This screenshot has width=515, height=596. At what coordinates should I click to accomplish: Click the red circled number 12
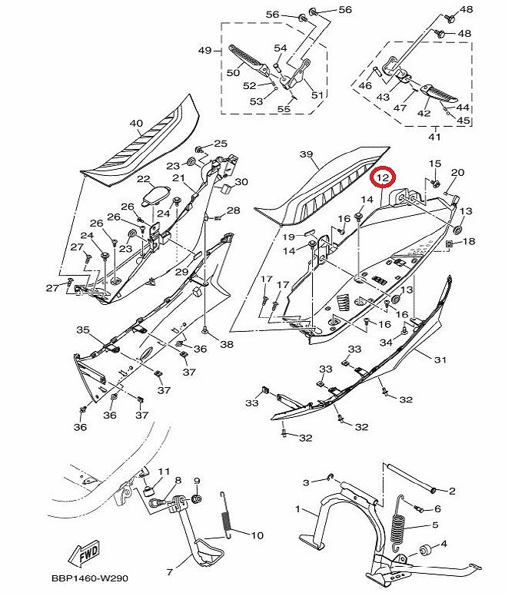pyautogui.click(x=383, y=177)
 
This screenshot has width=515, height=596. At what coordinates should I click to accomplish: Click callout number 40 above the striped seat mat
pyautogui.click(x=136, y=124)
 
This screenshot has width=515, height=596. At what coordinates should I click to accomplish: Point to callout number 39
pyautogui.click(x=306, y=155)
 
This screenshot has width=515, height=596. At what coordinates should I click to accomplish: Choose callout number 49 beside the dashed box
pyautogui.click(x=204, y=51)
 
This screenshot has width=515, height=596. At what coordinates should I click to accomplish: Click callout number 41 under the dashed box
pyautogui.click(x=434, y=137)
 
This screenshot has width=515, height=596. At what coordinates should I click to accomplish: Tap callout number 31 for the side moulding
pyautogui.click(x=440, y=359)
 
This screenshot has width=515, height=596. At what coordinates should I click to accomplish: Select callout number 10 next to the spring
pyautogui.click(x=257, y=535)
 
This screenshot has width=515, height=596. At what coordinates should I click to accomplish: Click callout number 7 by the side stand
pyautogui.click(x=170, y=572)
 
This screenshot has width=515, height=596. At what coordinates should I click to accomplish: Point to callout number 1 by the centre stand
pyautogui.click(x=299, y=509)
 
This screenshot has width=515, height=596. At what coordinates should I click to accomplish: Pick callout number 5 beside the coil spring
pyautogui.click(x=434, y=525)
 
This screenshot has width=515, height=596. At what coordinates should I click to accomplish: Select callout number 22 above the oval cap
pyautogui.click(x=144, y=179)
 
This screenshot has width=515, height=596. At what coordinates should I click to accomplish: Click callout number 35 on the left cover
pyautogui.click(x=83, y=330)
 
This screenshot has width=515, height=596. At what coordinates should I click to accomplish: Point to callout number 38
pyautogui.click(x=226, y=345)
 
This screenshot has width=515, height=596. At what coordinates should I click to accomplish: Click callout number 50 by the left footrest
pyautogui.click(x=233, y=73)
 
